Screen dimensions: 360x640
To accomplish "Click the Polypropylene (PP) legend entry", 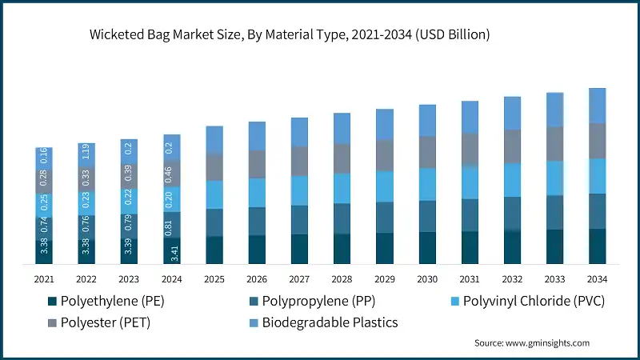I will (313, 302).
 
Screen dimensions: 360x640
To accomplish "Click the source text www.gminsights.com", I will (532, 342).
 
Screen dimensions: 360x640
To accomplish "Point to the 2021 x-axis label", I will (44, 279).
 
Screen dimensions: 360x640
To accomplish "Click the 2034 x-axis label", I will (597, 279).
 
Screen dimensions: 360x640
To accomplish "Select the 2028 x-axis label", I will (342, 279).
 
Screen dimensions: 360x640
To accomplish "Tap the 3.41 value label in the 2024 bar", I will (171, 253).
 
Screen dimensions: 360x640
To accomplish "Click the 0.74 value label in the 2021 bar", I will (44, 226).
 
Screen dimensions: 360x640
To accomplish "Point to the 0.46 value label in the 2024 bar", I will (171, 174).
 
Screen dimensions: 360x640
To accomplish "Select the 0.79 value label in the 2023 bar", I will (129, 226).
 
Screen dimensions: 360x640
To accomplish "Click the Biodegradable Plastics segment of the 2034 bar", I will (597, 106).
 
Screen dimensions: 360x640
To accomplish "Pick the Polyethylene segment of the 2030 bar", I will (427, 248).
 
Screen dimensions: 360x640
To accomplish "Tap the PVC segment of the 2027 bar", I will (299, 190).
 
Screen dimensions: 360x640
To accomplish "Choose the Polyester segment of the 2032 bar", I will (512, 146).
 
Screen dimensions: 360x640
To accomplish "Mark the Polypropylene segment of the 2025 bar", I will (214, 222).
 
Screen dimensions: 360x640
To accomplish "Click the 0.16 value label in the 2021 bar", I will (44, 157).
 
